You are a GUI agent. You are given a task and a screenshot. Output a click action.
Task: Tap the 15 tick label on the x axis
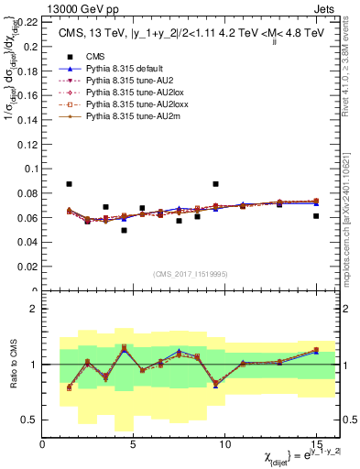click(316, 446)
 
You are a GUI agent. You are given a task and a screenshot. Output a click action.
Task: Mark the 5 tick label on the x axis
click(134, 446)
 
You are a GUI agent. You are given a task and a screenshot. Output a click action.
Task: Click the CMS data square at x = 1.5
click(70, 184)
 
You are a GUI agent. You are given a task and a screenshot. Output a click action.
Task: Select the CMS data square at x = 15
click(316, 216)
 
